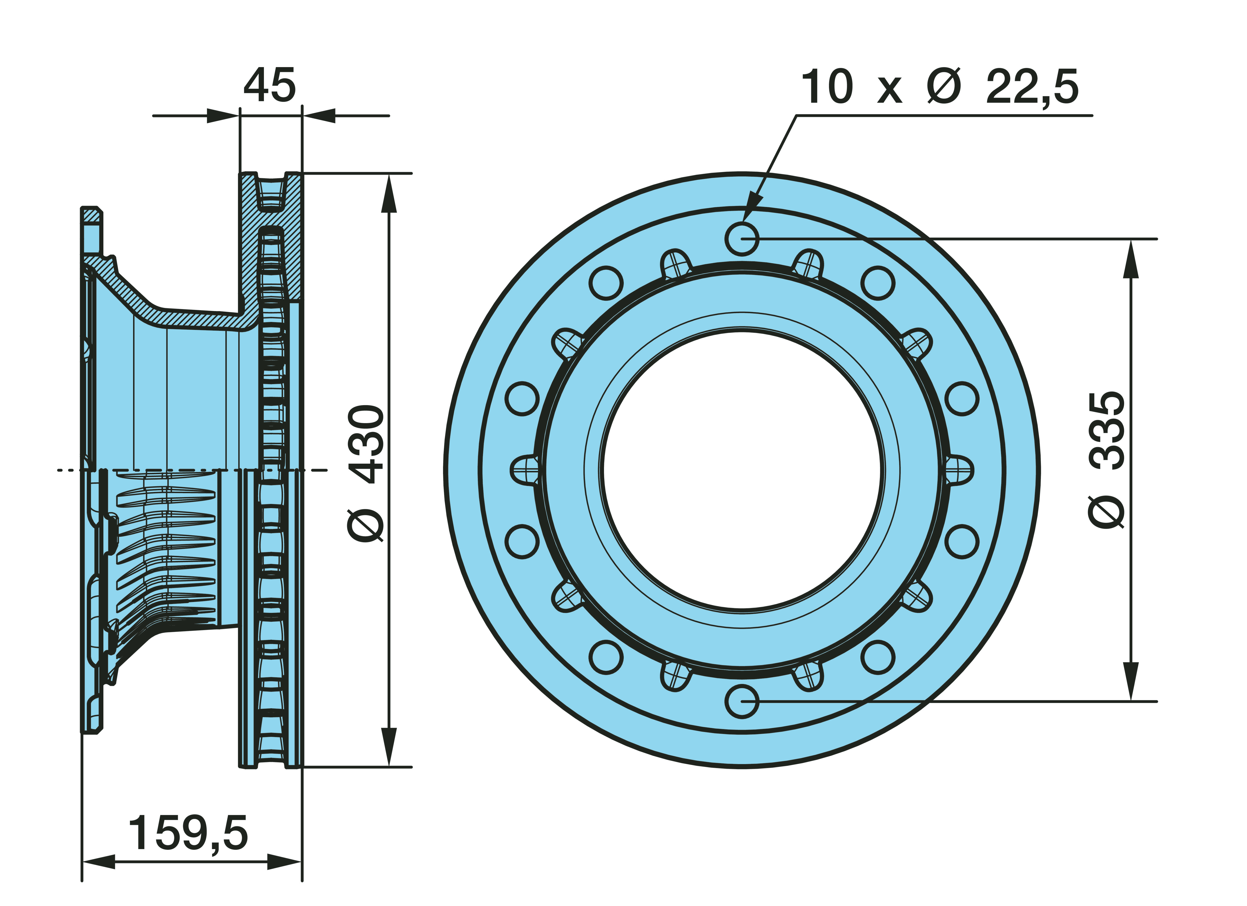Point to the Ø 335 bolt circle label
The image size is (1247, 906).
tap(1106, 460)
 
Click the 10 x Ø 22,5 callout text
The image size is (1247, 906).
tap(940, 86)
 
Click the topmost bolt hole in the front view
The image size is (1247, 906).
tap(742, 239)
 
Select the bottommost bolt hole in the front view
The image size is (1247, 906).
tap(742, 701)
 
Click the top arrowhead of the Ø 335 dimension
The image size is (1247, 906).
tap(1131, 258)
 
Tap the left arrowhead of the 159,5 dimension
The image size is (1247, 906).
tap(99, 862)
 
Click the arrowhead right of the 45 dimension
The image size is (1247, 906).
tap(319, 116)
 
